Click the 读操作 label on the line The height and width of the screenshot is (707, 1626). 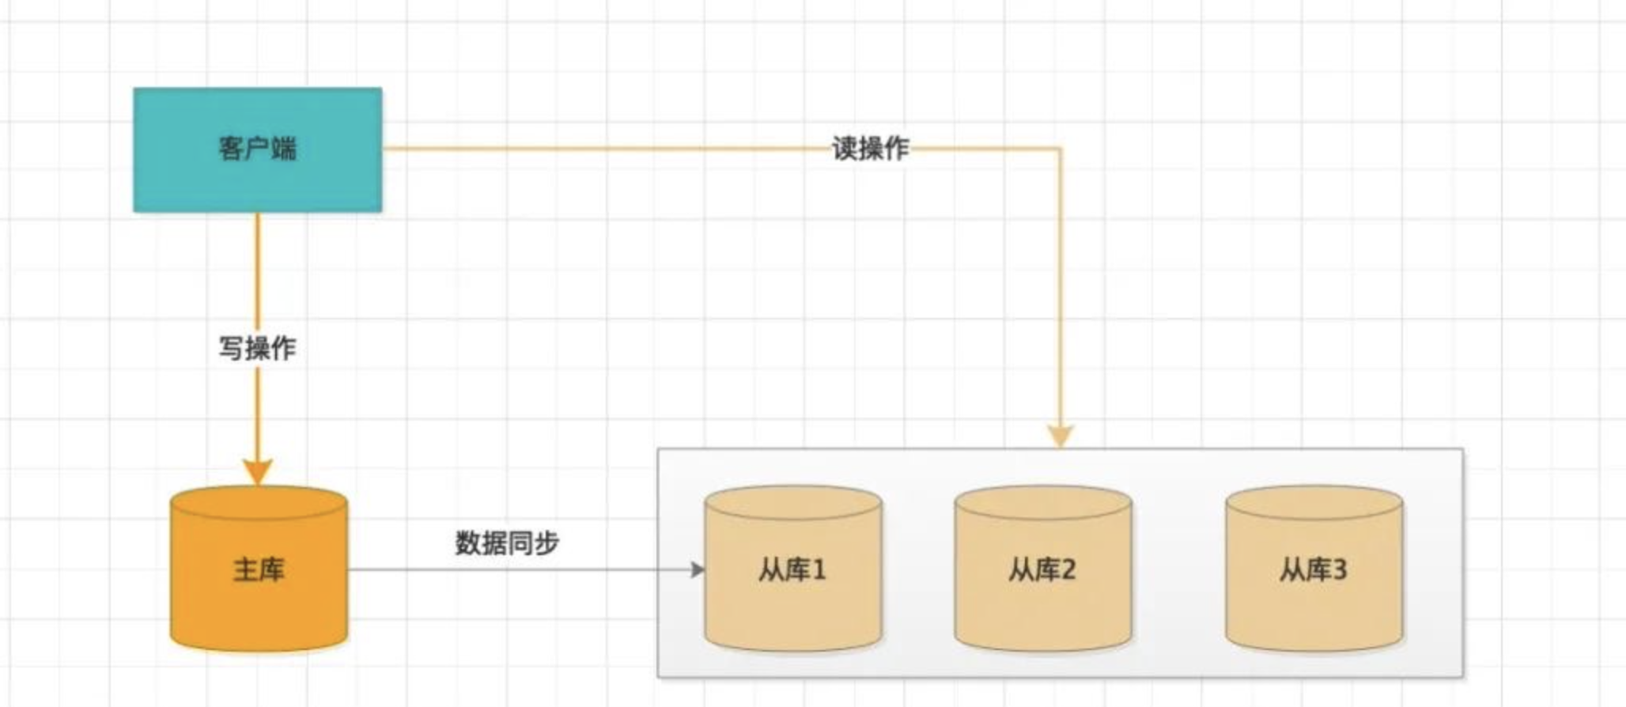pyautogui.click(x=871, y=148)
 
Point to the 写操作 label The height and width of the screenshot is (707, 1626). pyautogui.click(x=258, y=348)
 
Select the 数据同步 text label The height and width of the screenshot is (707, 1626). pyautogui.click(x=507, y=543)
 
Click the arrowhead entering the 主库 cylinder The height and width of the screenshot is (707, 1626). pyautogui.click(x=257, y=472)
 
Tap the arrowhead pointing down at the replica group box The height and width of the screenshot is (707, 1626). pyautogui.click(x=1061, y=436)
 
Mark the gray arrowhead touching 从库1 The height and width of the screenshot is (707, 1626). pyautogui.click(x=698, y=569)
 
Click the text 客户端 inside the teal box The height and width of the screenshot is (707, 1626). pyautogui.click(x=258, y=148)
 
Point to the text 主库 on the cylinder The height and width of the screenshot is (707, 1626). pyautogui.click(x=259, y=569)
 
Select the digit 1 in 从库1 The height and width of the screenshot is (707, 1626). pyautogui.click(x=819, y=569)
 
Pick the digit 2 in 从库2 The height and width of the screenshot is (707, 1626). pyautogui.click(x=1068, y=569)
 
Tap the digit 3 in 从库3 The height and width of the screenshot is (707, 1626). pyautogui.click(x=1339, y=569)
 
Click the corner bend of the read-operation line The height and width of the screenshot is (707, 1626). pyautogui.click(x=1061, y=148)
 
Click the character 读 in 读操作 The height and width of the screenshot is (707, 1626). pyautogui.click(x=845, y=148)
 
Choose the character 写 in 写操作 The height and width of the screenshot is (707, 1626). pyautogui.click(x=232, y=348)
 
